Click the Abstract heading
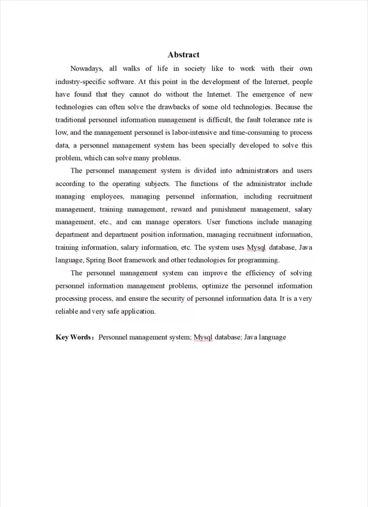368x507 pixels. pyautogui.click(x=183, y=54)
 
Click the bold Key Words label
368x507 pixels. pyautogui.click(x=73, y=337)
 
